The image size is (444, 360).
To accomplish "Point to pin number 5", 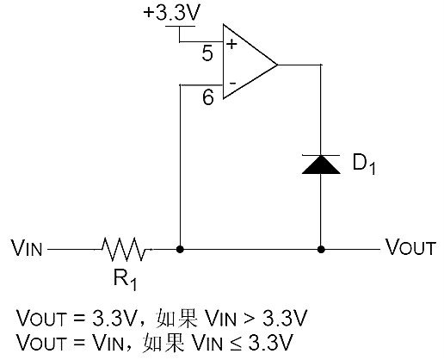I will tap(207, 54).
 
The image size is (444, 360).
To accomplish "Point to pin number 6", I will tap(207, 98).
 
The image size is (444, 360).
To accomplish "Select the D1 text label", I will tap(365, 165).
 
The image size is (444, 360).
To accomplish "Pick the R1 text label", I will tap(126, 280).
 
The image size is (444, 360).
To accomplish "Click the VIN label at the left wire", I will tap(27, 251).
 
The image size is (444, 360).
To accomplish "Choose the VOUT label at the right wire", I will tap(410, 251).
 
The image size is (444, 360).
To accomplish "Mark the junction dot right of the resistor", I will tap(180, 250).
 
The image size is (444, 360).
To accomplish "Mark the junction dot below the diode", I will tap(322, 250).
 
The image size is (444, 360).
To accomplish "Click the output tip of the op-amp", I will tap(277, 65).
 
